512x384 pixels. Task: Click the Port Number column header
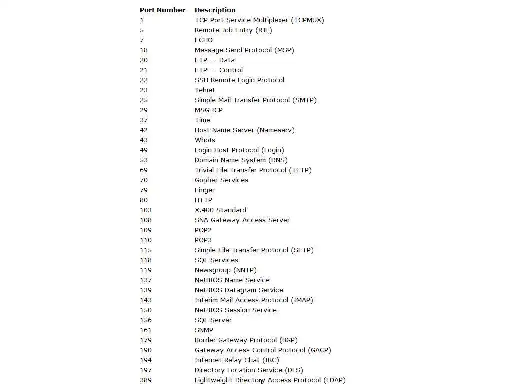(162, 10)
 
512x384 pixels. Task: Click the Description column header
(215, 10)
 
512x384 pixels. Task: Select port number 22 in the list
(144, 80)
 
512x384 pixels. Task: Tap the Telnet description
(205, 90)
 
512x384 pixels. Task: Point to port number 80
(144, 200)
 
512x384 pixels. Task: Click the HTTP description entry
(203, 200)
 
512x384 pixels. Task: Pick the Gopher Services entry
(221, 180)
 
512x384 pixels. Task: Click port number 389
(146, 380)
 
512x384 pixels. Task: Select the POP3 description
(203, 240)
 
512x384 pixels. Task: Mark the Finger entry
(205, 190)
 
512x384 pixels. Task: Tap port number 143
(146, 300)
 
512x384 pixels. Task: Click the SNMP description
(204, 330)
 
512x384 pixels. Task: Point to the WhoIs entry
(205, 140)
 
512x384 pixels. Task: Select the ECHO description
(203, 40)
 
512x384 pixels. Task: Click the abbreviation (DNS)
(278, 160)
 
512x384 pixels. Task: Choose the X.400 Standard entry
(220, 210)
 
